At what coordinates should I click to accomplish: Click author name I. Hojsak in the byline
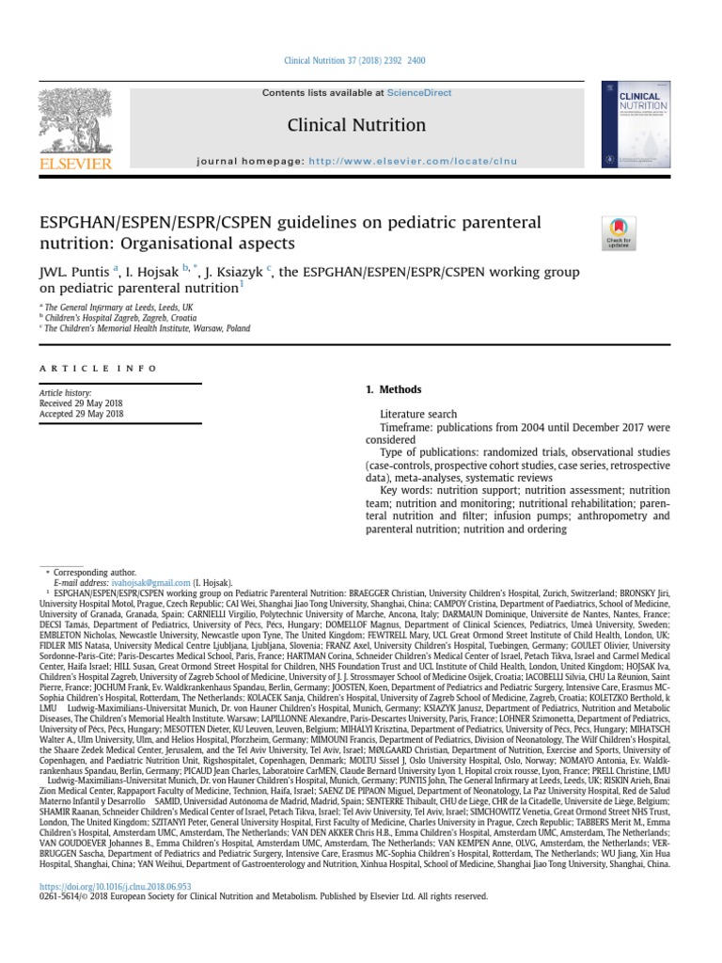coord(153,273)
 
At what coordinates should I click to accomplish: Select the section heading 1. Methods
coord(393,390)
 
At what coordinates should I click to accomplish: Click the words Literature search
coord(418,414)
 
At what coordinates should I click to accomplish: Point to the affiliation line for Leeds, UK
coord(118,307)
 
